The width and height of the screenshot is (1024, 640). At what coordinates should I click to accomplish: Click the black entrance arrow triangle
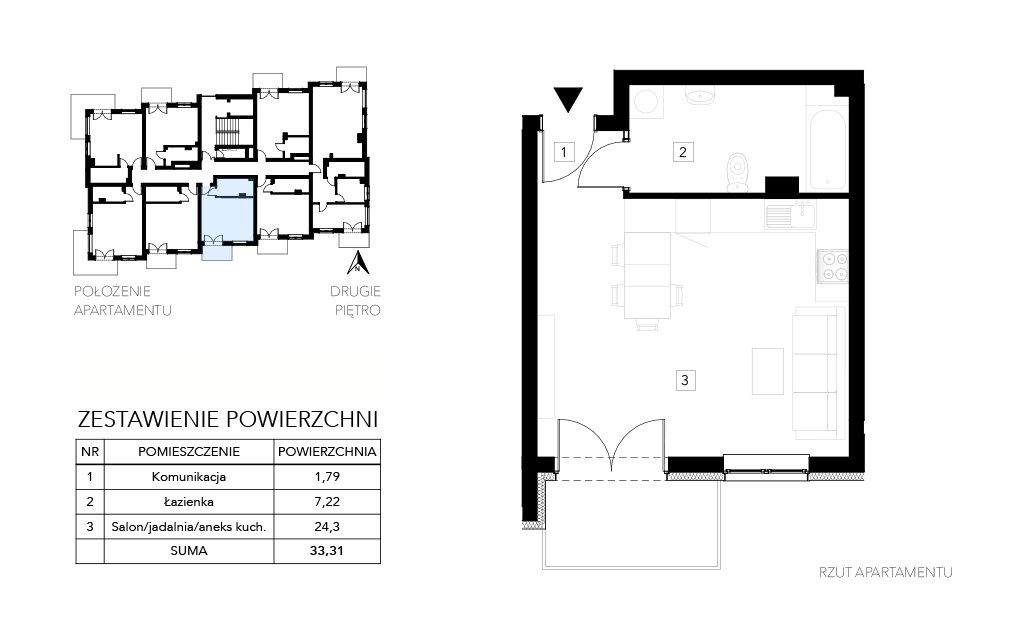click(568, 99)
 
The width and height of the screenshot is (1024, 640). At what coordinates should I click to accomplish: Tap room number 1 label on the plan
click(564, 152)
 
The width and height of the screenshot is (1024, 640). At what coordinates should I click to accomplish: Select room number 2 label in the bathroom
click(683, 152)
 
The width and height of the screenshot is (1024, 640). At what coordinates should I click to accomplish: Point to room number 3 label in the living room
click(685, 380)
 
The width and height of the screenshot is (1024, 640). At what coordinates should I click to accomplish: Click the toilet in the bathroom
click(737, 173)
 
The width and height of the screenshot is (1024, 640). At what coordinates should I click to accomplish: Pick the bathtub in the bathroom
click(828, 151)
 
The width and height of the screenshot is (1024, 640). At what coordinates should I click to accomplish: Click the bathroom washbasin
click(700, 97)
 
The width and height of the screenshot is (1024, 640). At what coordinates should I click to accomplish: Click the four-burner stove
click(834, 266)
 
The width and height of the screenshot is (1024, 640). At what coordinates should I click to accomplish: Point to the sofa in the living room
click(814, 374)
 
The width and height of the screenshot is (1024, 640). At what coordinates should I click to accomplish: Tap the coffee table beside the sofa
click(768, 371)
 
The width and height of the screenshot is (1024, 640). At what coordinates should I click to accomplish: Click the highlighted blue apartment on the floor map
click(226, 210)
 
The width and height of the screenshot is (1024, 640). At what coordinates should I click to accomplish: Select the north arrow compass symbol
click(358, 263)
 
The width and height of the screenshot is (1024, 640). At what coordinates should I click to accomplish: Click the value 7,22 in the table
click(327, 502)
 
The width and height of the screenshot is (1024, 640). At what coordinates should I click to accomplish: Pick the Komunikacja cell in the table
click(189, 477)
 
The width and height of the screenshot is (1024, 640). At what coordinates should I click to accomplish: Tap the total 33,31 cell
click(327, 551)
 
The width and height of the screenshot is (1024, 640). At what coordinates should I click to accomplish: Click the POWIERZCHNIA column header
click(327, 451)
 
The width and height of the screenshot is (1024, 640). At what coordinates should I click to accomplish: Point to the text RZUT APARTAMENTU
click(886, 573)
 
